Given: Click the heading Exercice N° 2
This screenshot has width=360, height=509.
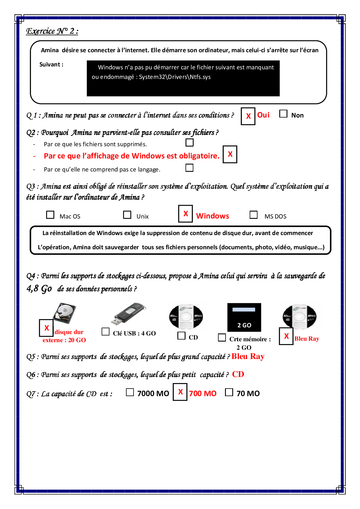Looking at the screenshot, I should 52,31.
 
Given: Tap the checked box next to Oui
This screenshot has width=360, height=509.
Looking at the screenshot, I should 248,116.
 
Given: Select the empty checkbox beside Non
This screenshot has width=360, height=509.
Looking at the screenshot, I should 283,114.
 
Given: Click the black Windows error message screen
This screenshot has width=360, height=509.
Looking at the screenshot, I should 183,78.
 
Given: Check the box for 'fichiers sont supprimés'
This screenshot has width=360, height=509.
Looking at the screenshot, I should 190,142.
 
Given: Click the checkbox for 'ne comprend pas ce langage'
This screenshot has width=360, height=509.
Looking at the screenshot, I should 189,168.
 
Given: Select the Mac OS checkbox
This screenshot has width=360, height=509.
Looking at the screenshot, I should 50,215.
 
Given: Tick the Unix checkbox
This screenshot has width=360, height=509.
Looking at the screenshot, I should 127,215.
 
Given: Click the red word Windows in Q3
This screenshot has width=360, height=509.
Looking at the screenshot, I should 213,216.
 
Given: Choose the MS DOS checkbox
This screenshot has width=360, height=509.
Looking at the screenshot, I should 253,215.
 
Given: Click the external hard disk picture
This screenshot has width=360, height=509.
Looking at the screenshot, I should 64,313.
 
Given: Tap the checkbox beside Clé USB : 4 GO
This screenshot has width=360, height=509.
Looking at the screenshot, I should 105,332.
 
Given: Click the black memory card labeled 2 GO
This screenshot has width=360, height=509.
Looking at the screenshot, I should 244,317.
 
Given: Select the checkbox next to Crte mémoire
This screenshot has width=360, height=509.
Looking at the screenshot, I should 222,337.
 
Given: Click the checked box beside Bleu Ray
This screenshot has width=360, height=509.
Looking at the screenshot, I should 286,336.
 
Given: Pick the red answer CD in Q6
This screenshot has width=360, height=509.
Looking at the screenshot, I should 238,374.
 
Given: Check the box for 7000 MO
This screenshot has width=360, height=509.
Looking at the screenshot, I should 130,392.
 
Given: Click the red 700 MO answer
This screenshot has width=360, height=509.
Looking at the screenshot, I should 203,394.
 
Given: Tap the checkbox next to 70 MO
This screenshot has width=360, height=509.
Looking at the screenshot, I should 229,392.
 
